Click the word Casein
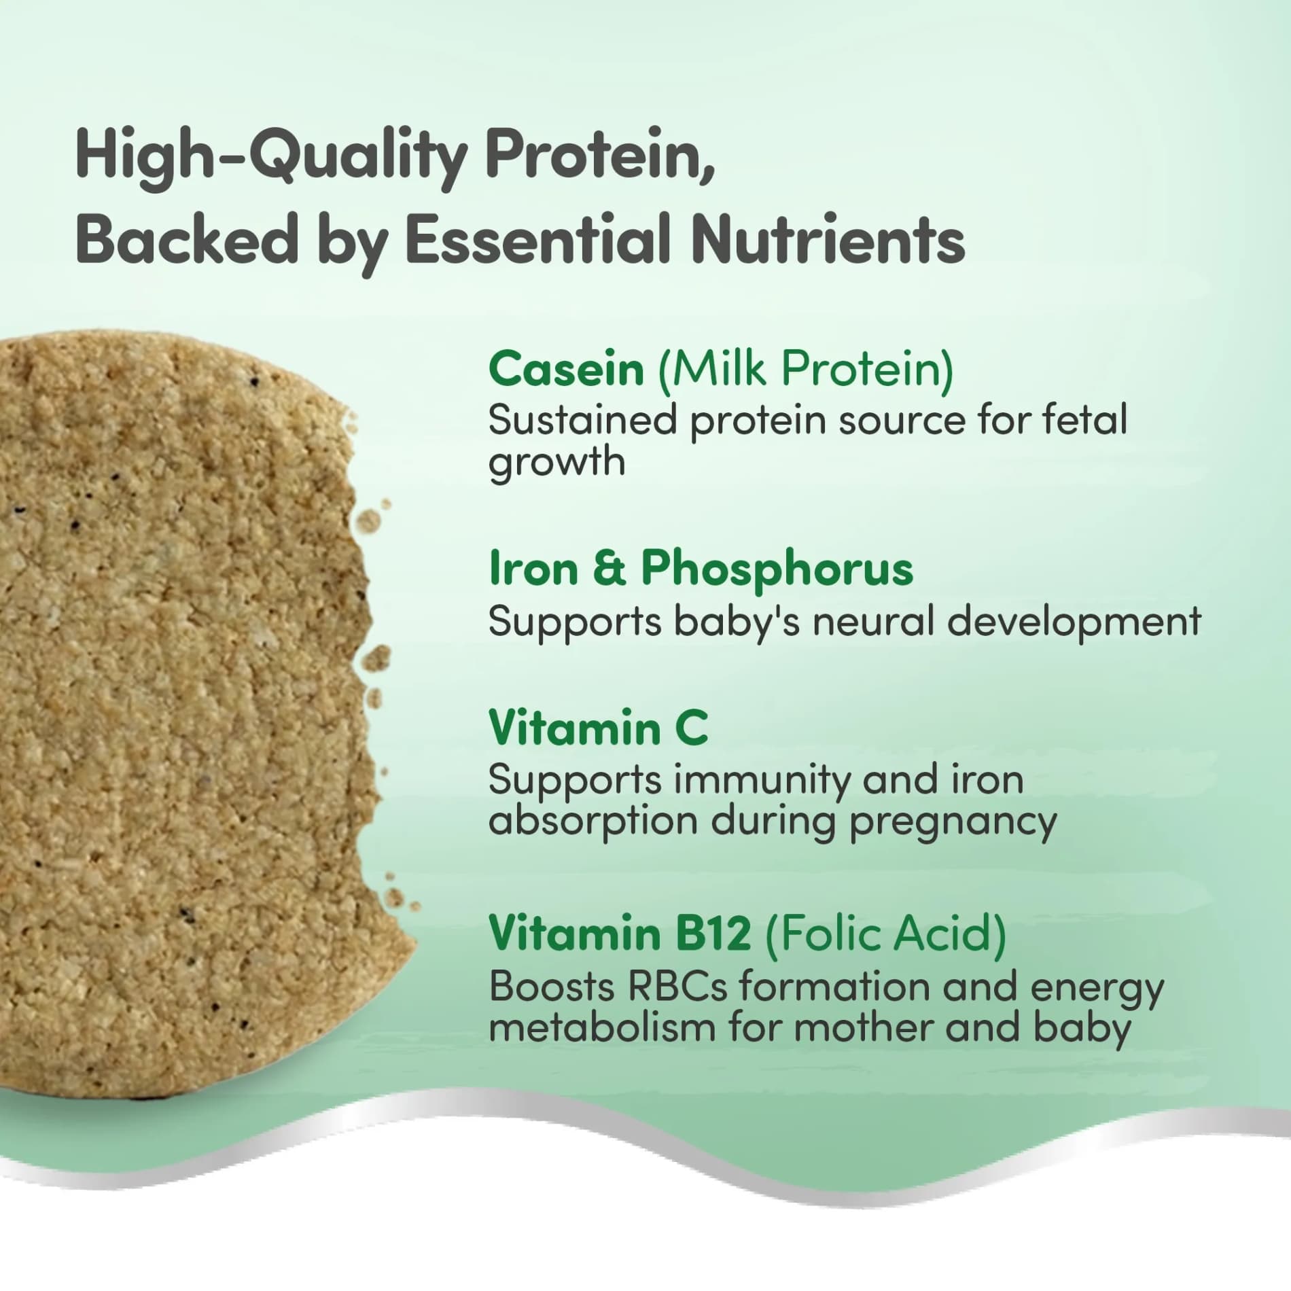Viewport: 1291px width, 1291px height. coord(566,370)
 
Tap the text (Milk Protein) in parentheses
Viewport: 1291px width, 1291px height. coord(805,370)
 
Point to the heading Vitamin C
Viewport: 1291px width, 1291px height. coord(598,728)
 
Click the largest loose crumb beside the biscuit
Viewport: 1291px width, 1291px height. coord(377,658)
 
